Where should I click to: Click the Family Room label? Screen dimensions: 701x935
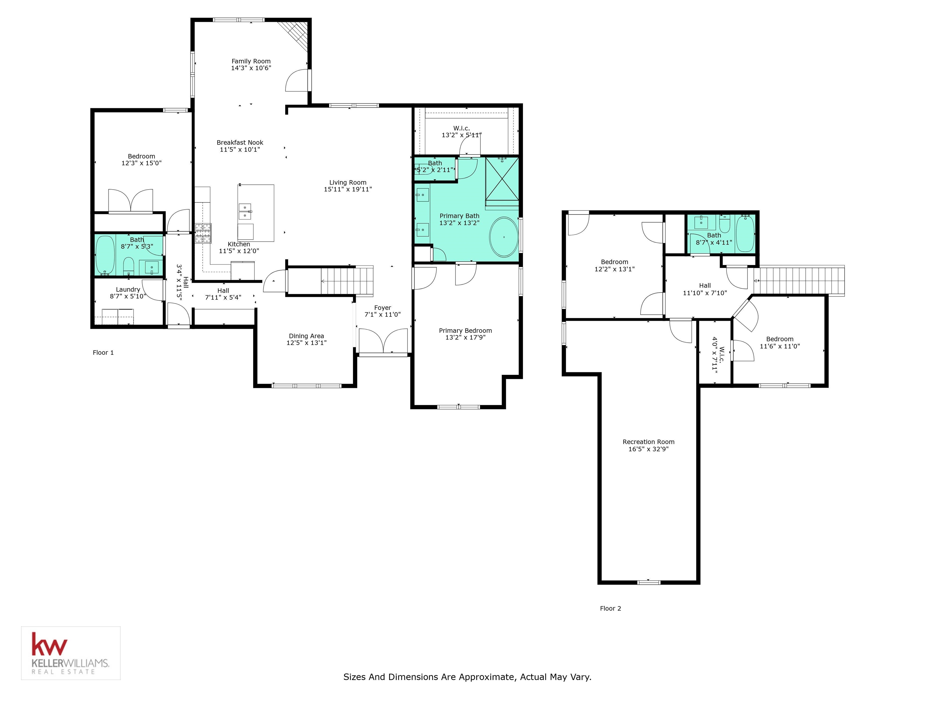[x=251, y=61]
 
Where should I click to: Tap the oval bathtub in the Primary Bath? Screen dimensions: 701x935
[x=504, y=237]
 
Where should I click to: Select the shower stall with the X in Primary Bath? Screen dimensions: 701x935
[x=502, y=178]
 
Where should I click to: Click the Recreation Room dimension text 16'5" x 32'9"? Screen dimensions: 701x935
[x=648, y=449]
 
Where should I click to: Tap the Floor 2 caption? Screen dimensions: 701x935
[x=610, y=609]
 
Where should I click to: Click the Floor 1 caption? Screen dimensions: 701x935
[x=103, y=352]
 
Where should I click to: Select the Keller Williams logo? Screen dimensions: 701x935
[x=71, y=653]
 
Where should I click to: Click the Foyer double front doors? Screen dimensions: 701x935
[x=383, y=341]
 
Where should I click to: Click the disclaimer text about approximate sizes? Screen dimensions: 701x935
[x=467, y=677]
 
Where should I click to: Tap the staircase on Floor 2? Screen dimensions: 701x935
[x=799, y=280]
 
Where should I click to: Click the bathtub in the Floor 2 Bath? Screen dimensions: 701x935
[x=745, y=233]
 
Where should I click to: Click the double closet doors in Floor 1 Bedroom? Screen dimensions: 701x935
[x=131, y=201]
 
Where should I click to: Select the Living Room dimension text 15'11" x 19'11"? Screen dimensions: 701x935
[x=348, y=189]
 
